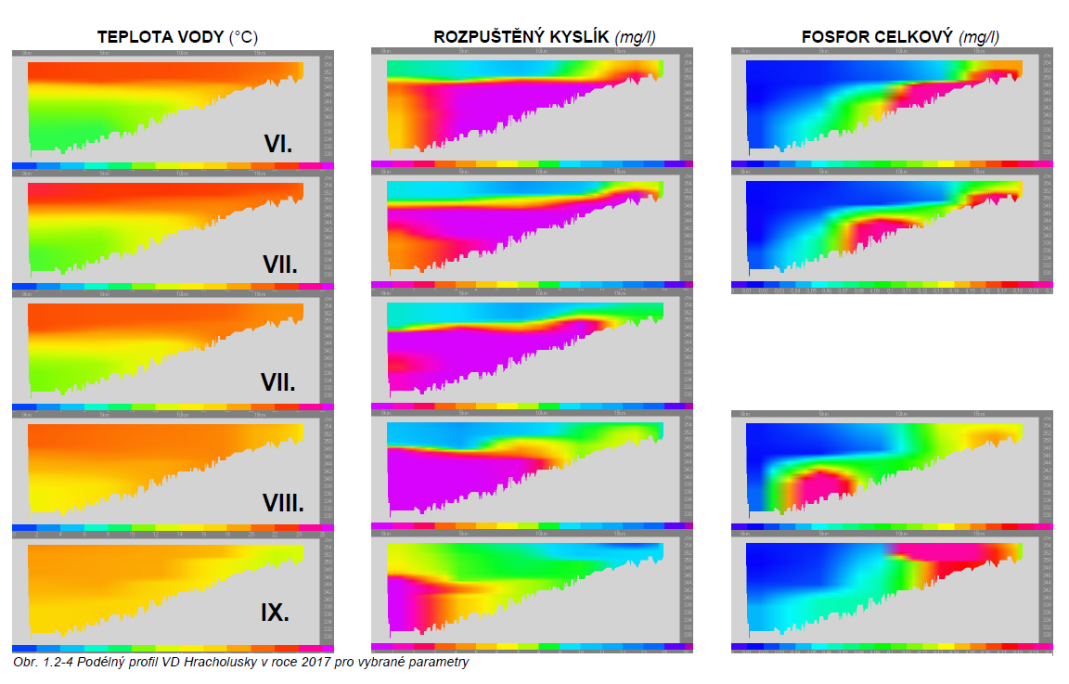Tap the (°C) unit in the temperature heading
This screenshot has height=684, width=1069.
[244, 37]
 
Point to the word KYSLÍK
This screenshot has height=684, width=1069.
[581, 37]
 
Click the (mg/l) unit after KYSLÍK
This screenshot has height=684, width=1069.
[638, 37]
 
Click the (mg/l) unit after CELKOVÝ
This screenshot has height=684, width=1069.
[980, 37]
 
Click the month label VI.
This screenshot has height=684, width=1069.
[277, 144]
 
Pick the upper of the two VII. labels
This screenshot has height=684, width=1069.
[279, 265]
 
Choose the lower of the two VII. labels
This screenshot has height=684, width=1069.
[277, 382]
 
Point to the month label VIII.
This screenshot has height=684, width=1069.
[282, 504]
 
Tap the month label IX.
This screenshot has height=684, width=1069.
[275, 613]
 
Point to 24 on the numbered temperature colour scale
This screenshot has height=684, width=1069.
[299, 535]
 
